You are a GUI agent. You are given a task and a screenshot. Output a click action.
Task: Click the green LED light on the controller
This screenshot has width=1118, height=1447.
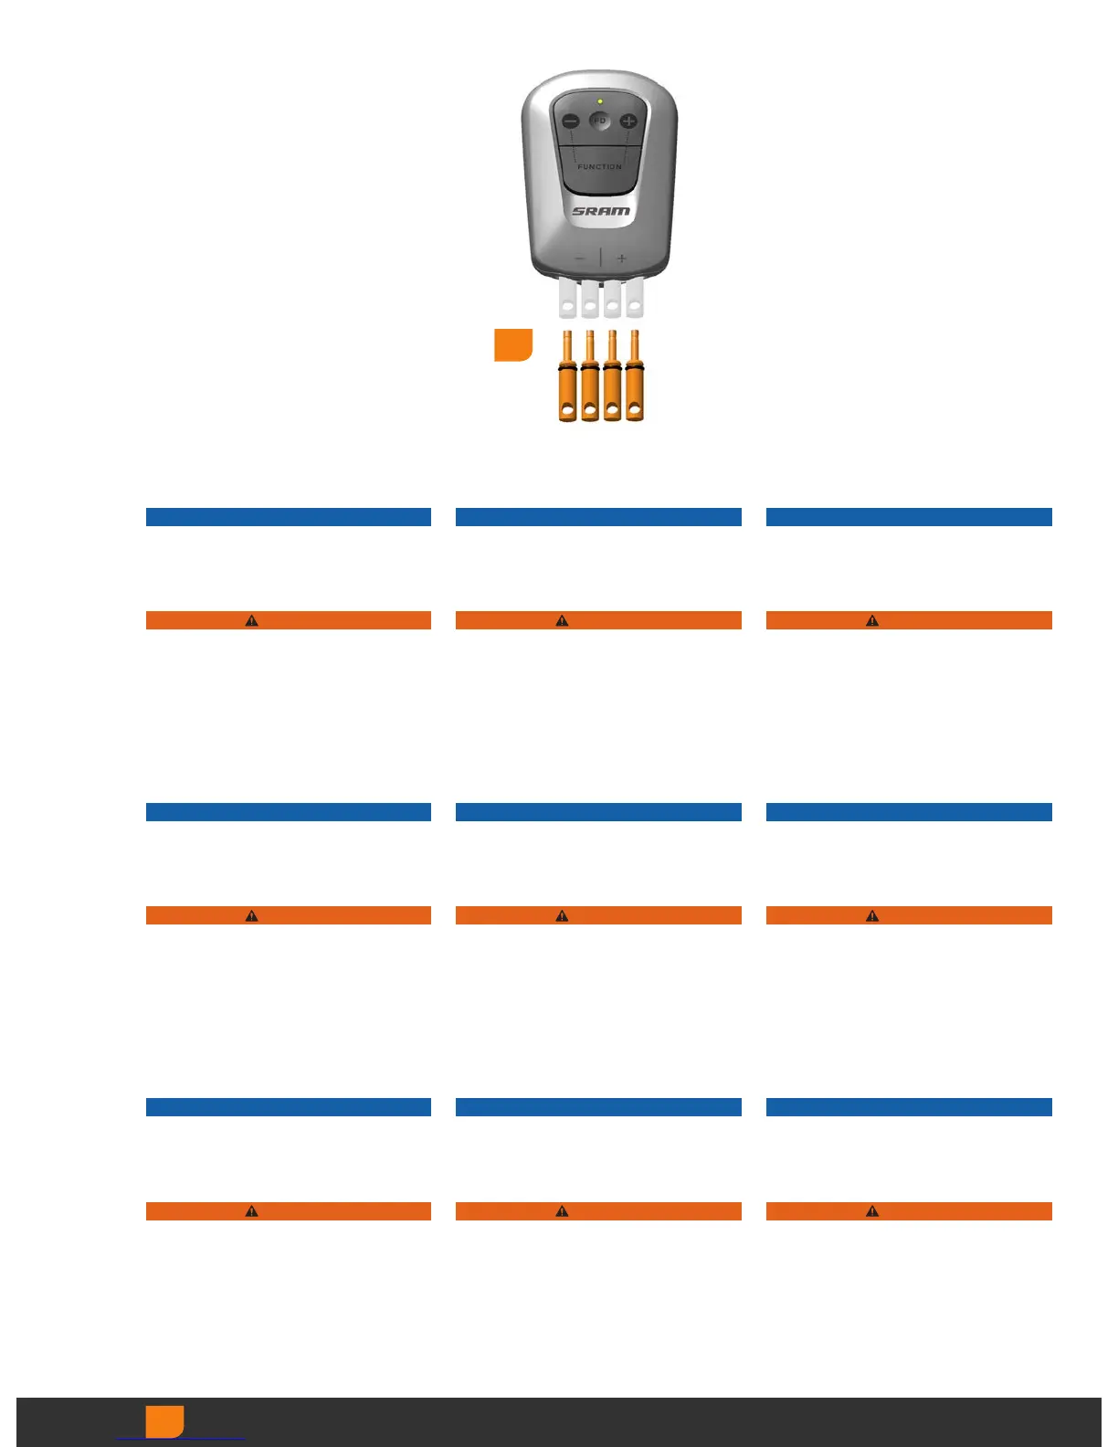600,101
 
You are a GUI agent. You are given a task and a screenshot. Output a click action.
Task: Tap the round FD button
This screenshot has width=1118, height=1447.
600,121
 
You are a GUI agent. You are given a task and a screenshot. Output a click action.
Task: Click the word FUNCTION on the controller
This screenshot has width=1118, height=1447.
599,167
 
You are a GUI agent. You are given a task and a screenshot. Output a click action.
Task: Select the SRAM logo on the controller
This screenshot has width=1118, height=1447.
601,211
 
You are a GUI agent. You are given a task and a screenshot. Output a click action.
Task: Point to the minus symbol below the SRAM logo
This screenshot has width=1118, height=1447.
579,259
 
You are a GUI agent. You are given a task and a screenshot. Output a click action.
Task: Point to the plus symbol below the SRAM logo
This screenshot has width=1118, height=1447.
622,259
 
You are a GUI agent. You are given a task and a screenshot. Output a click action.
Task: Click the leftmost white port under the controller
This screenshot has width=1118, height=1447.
568,298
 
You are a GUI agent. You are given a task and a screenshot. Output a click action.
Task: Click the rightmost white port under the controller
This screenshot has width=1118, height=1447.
634,298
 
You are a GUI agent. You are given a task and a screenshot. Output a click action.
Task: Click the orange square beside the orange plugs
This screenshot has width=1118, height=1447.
513,345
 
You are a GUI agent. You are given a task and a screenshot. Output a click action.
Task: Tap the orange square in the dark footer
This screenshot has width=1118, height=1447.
164,1421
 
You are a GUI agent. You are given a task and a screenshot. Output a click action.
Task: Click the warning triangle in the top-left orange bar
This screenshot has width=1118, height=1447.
252,620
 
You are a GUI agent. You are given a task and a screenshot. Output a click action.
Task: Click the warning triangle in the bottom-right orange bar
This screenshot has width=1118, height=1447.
872,1211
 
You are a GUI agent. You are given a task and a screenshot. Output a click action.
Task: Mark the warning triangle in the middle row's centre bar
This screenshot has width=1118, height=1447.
562,915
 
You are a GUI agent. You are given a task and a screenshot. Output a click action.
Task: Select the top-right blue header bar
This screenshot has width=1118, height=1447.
909,517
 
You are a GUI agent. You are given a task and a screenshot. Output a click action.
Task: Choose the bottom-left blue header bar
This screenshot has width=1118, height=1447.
289,1107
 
